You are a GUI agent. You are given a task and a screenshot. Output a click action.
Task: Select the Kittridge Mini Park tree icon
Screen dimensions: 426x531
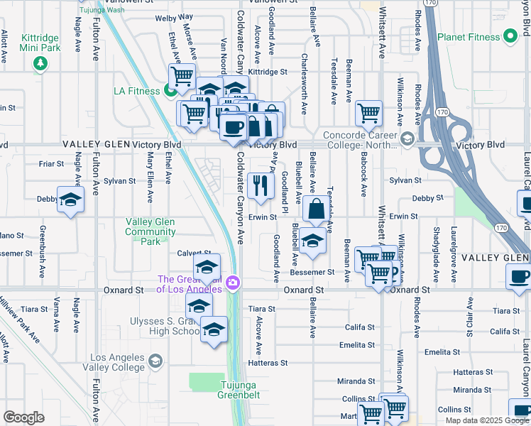[x=40, y=63]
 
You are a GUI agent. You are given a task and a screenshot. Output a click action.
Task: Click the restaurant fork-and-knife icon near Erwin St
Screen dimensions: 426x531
[x=261, y=185]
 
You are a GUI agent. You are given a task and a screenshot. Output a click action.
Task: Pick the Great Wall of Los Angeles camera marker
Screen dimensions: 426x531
[x=233, y=285]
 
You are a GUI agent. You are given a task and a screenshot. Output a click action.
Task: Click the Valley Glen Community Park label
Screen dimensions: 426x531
[x=150, y=231]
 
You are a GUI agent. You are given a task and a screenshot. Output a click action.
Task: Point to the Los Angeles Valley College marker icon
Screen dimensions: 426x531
[x=154, y=362]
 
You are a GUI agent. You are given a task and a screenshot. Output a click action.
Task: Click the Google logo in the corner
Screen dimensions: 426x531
[x=23, y=417]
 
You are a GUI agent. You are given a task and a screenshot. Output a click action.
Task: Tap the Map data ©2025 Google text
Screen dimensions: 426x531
[x=486, y=420]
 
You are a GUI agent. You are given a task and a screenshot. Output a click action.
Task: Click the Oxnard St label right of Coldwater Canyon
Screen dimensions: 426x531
[x=303, y=290]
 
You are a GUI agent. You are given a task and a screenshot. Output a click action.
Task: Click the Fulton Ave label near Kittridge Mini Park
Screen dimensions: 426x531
[x=94, y=47]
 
